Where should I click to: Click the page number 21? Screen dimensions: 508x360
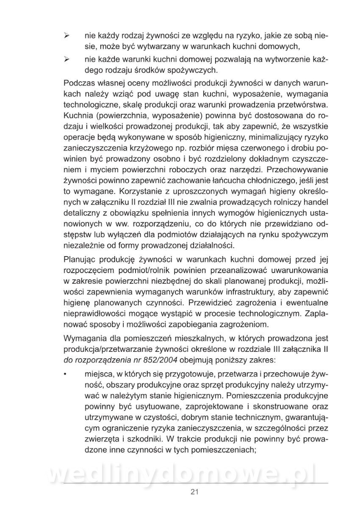click(195, 491)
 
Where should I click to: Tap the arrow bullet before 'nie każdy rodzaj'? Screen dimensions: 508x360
click(66, 37)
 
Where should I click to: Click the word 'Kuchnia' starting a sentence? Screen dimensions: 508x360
click(78, 116)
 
